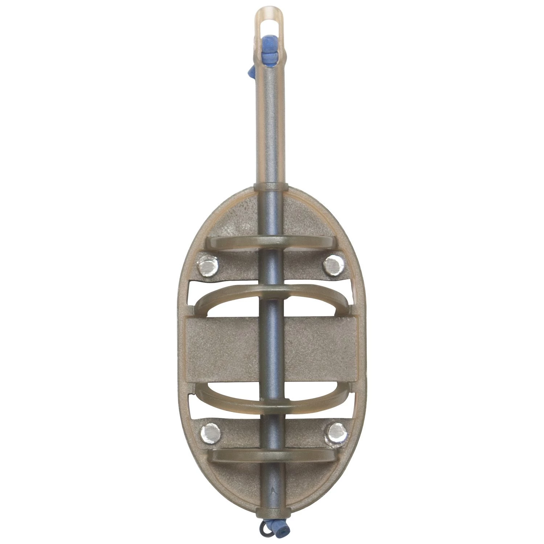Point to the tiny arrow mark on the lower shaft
[272, 488]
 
